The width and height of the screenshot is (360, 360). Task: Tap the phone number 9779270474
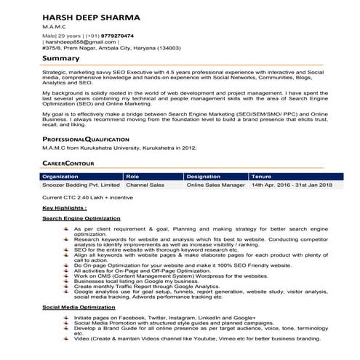pos(113,35)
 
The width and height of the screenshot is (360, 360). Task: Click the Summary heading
pos(61,58)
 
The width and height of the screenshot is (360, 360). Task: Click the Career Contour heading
pos(69,164)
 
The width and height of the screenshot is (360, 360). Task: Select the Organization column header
pos(61,176)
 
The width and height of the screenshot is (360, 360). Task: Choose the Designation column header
pos(203,176)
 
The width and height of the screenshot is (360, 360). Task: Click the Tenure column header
pos(261,176)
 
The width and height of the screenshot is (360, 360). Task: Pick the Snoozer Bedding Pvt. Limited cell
pos(81,185)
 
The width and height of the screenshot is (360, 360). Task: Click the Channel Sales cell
pos(145,185)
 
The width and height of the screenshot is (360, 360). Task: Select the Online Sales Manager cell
pos(216,185)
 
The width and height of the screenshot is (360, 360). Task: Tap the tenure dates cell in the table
pos(292,185)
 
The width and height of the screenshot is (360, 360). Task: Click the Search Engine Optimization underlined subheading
pos(81,218)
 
